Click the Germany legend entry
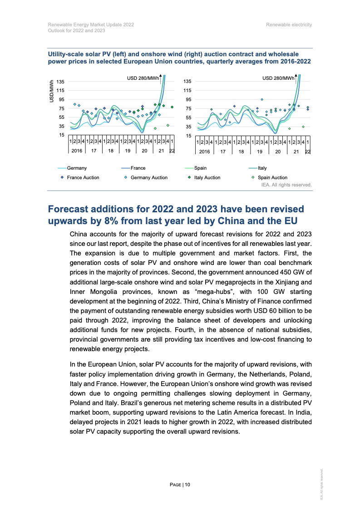coord(76,168)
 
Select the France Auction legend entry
coord(83,177)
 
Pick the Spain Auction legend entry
coord(272,177)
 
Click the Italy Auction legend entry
coord(207,177)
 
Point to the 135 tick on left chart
coord(60,81)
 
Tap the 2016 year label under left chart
coord(77,151)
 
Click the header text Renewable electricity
coord(289,24)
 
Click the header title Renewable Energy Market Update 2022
coord(91,24)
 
